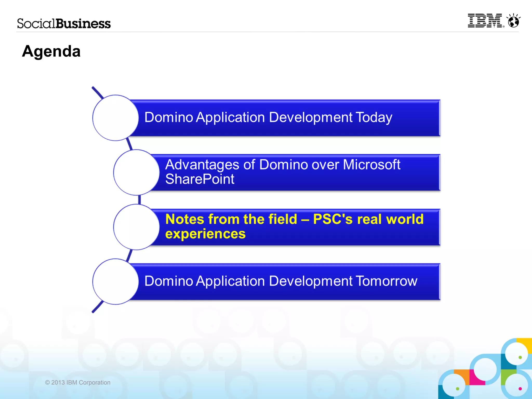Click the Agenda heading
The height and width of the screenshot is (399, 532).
(51, 51)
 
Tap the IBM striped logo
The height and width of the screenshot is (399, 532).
(485, 21)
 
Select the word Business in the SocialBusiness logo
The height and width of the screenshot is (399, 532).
(83, 24)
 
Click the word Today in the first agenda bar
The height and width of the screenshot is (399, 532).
(374, 117)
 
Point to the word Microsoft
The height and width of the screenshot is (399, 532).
(371, 165)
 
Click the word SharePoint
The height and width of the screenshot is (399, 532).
(200, 179)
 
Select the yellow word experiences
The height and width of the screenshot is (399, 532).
(205, 234)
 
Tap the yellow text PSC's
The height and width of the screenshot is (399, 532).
(333, 219)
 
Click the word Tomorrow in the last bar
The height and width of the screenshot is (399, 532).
(386, 281)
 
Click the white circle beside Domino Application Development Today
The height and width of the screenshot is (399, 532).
(115, 118)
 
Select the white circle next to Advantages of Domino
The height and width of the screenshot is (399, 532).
(136, 172)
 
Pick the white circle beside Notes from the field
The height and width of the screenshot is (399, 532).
(136, 227)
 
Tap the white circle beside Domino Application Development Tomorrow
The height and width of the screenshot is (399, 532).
(115, 282)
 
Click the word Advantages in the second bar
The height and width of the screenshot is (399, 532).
(202, 165)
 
